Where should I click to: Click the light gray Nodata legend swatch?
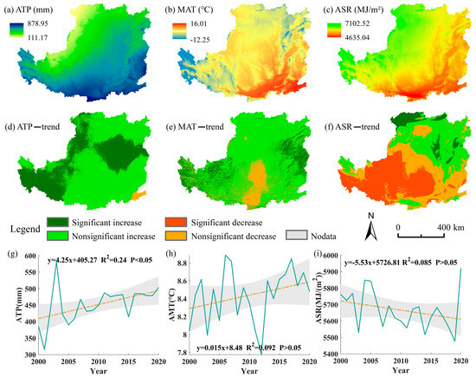tap(374, 233)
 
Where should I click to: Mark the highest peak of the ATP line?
tap(56, 262)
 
